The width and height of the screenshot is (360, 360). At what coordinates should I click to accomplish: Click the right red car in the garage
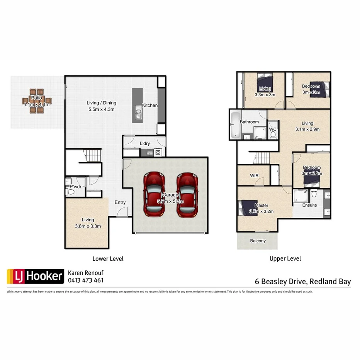(188, 194)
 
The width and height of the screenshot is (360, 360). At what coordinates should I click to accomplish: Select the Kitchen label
(150, 105)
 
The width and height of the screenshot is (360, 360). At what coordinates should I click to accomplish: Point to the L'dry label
(145, 144)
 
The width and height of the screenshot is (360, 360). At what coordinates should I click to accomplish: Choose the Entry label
(120, 202)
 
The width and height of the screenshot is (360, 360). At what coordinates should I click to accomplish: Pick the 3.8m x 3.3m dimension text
(88, 226)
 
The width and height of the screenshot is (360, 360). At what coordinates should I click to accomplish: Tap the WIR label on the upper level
(254, 176)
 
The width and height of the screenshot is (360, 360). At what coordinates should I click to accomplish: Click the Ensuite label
(309, 205)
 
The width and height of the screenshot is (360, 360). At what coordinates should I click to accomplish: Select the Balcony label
(258, 241)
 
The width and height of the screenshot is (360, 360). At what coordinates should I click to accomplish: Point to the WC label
(273, 129)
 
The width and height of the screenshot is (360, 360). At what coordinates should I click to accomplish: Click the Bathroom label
(249, 122)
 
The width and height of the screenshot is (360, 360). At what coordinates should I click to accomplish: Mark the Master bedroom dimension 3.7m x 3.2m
(262, 211)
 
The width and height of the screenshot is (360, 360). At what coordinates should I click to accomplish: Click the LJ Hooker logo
(35, 276)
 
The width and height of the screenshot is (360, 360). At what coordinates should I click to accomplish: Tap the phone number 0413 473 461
(86, 280)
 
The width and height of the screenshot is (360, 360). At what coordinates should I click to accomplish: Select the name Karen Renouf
(86, 273)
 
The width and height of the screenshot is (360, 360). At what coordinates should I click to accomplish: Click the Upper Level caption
(285, 259)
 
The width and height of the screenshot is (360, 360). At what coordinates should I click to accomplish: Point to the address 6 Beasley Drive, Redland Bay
(302, 281)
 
